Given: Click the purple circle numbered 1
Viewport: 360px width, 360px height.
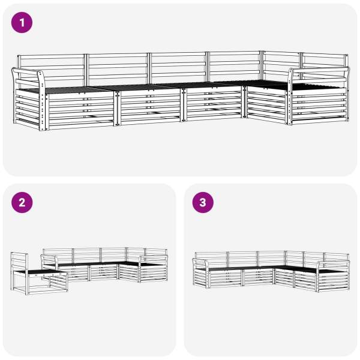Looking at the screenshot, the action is point(22,23).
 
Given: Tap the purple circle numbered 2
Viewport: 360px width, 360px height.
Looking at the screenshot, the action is point(22,203).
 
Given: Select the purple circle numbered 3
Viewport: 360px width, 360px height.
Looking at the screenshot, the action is point(203,203).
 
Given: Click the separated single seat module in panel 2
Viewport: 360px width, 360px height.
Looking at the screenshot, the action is point(38,274).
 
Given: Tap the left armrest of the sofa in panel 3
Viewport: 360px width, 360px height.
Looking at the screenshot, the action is point(200,264).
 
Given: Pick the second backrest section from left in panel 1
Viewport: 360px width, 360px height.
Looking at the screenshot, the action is point(118,68).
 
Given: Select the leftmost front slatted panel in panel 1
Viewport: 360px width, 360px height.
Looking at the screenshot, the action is point(80,110).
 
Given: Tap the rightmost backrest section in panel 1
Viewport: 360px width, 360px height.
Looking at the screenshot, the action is point(325,65).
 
